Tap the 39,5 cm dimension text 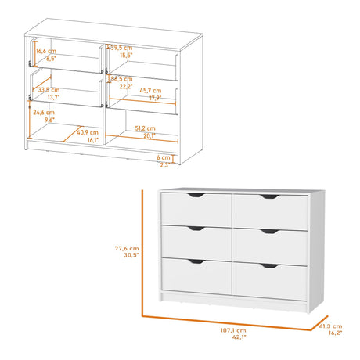click(121, 48)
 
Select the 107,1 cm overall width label click(234, 331)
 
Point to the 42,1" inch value click(234, 339)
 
